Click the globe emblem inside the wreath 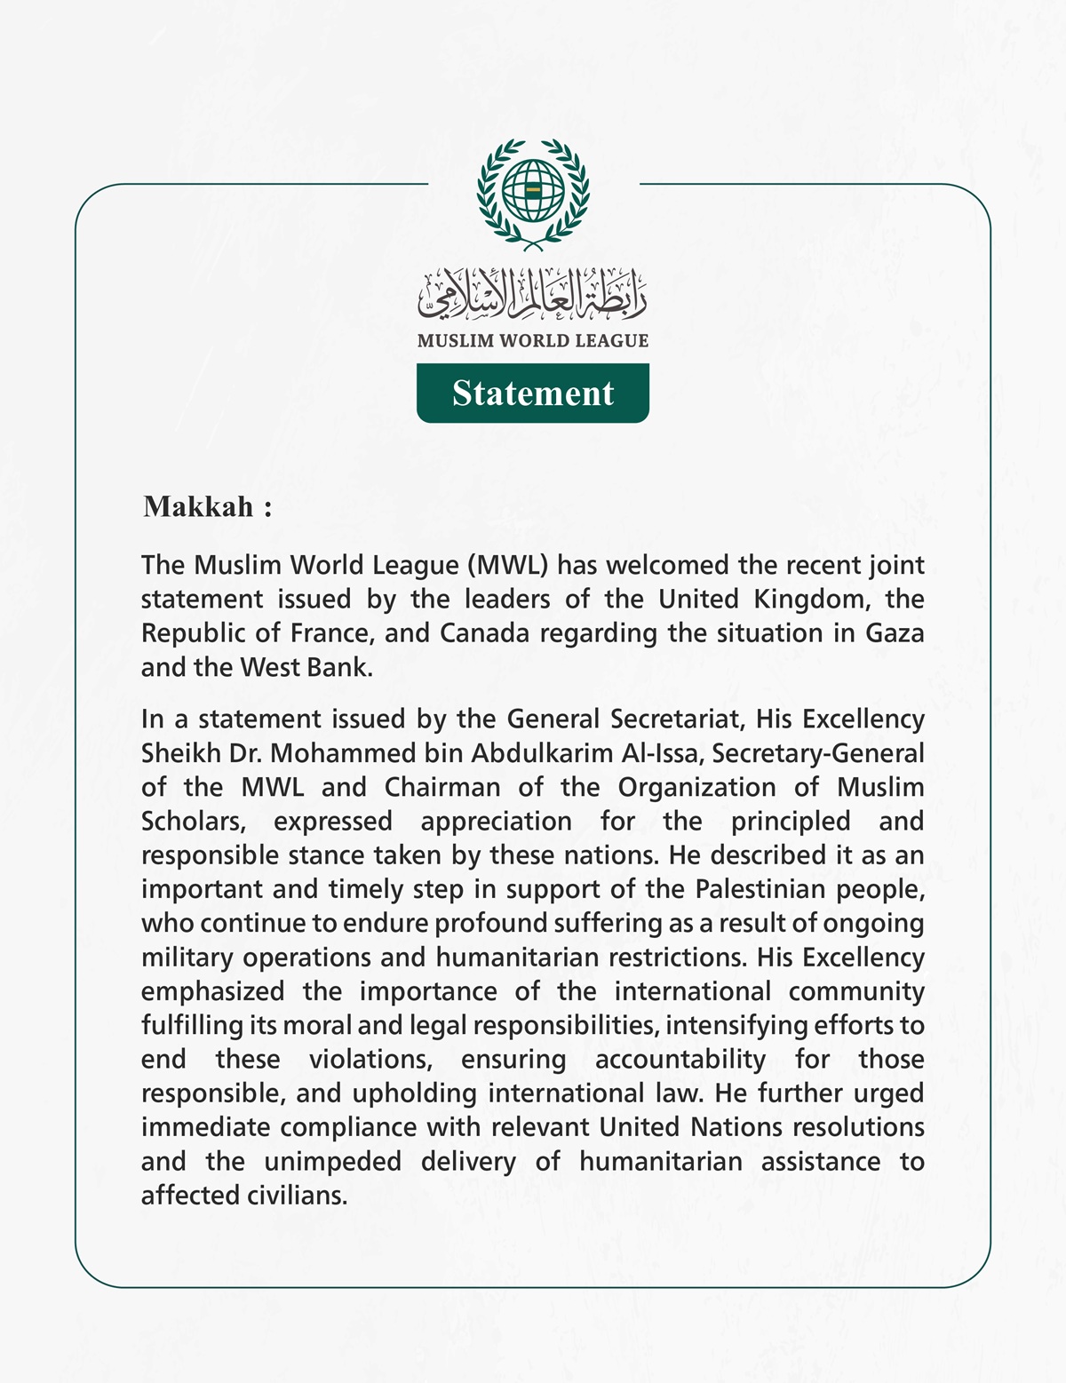point(533,190)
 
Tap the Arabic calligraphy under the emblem point(533,294)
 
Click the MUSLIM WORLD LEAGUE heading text point(533,341)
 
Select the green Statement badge point(533,393)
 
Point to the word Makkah point(198,507)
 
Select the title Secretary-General point(818,753)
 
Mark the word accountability point(680,1060)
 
